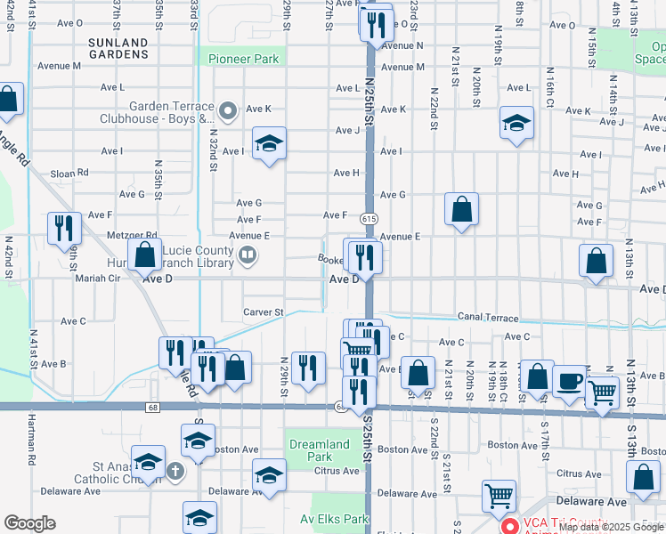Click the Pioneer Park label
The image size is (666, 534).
(243, 60)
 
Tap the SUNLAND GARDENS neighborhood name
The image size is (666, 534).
(118, 48)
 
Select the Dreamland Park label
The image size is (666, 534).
(320, 450)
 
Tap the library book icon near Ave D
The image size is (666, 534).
(248, 257)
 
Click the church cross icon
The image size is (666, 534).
(175, 469)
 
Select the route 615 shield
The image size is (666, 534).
(367, 218)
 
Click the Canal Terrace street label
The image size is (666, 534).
(488, 317)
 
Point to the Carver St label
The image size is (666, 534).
(263, 312)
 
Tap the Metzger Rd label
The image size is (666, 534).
(131, 236)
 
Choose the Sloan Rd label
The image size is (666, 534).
(69, 173)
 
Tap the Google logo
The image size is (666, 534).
(29, 523)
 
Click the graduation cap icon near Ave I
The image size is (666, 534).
(268, 143)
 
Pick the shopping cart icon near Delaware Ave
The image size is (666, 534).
(499, 495)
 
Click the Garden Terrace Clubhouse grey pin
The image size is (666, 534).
(229, 112)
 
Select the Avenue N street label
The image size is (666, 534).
(401, 44)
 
